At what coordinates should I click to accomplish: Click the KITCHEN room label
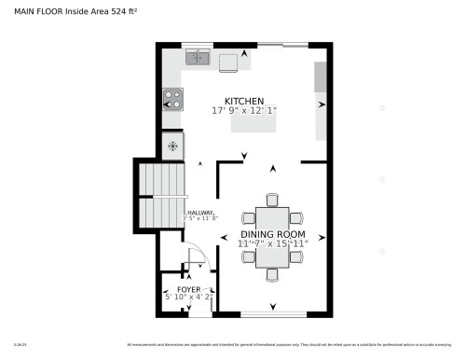244,101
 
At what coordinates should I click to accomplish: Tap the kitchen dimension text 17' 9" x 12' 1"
244,110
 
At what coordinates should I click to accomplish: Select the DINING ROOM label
272,234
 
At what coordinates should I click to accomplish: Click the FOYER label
188,289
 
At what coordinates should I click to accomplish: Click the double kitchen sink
198,58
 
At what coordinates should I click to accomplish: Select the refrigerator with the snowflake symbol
172,145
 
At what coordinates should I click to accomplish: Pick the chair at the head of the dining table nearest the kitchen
272,200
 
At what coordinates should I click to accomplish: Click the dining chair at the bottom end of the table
272,274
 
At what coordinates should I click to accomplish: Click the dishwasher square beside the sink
228,62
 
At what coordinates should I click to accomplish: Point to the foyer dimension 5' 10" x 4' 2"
188,298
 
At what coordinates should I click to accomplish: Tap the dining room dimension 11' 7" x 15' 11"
272,243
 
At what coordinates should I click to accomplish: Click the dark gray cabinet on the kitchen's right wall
321,77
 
